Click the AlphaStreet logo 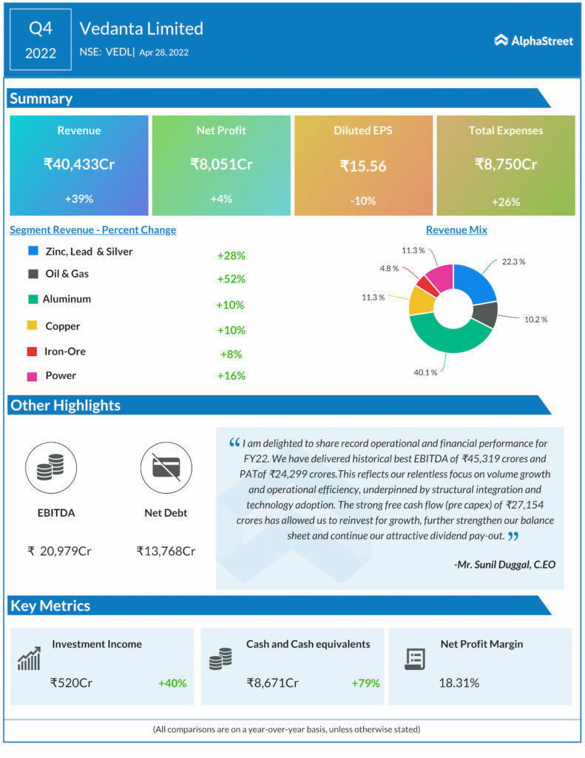tap(533, 41)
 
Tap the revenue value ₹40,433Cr tap(78, 164)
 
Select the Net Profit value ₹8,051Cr tap(221, 164)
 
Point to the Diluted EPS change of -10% tap(363, 201)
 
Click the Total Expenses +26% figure tap(506, 201)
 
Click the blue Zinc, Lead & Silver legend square tap(33, 251)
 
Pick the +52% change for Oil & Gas tap(231, 279)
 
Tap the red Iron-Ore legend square tap(33, 352)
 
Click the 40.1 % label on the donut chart tap(425, 372)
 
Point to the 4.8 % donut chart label tap(390, 268)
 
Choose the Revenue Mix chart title tap(456, 230)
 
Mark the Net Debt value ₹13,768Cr tap(166, 551)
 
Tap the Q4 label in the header tap(41, 29)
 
